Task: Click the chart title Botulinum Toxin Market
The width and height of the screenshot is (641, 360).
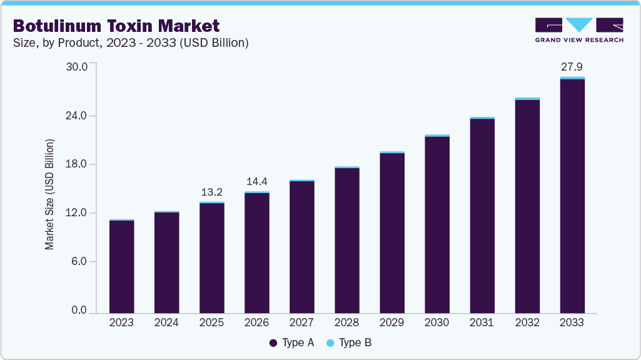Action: click(116, 26)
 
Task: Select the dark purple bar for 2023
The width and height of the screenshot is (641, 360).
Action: click(121, 266)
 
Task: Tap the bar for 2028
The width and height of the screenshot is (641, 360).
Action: click(346, 240)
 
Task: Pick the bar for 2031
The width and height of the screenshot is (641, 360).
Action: click(482, 215)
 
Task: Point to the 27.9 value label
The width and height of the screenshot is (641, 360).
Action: click(572, 66)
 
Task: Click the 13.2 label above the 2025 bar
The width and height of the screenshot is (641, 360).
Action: click(211, 192)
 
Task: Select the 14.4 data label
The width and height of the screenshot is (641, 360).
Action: click(256, 181)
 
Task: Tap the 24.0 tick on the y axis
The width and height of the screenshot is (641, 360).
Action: click(78, 116)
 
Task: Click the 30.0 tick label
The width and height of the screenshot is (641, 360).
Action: click(78, 66)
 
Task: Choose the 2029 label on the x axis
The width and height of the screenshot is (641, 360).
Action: click(391, 322)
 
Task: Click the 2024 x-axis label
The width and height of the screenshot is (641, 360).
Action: click(166, 322)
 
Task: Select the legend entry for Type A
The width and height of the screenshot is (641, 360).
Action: click(292, 342)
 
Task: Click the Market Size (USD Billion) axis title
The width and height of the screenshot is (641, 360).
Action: click(49, 194)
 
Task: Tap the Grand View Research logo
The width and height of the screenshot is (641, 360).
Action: click(578, 29)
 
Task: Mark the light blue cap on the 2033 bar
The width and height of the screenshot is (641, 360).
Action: click(572, 78)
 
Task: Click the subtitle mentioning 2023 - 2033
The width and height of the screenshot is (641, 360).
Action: click(131, 42)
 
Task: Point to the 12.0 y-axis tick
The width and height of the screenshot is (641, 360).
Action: click(78, 213)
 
